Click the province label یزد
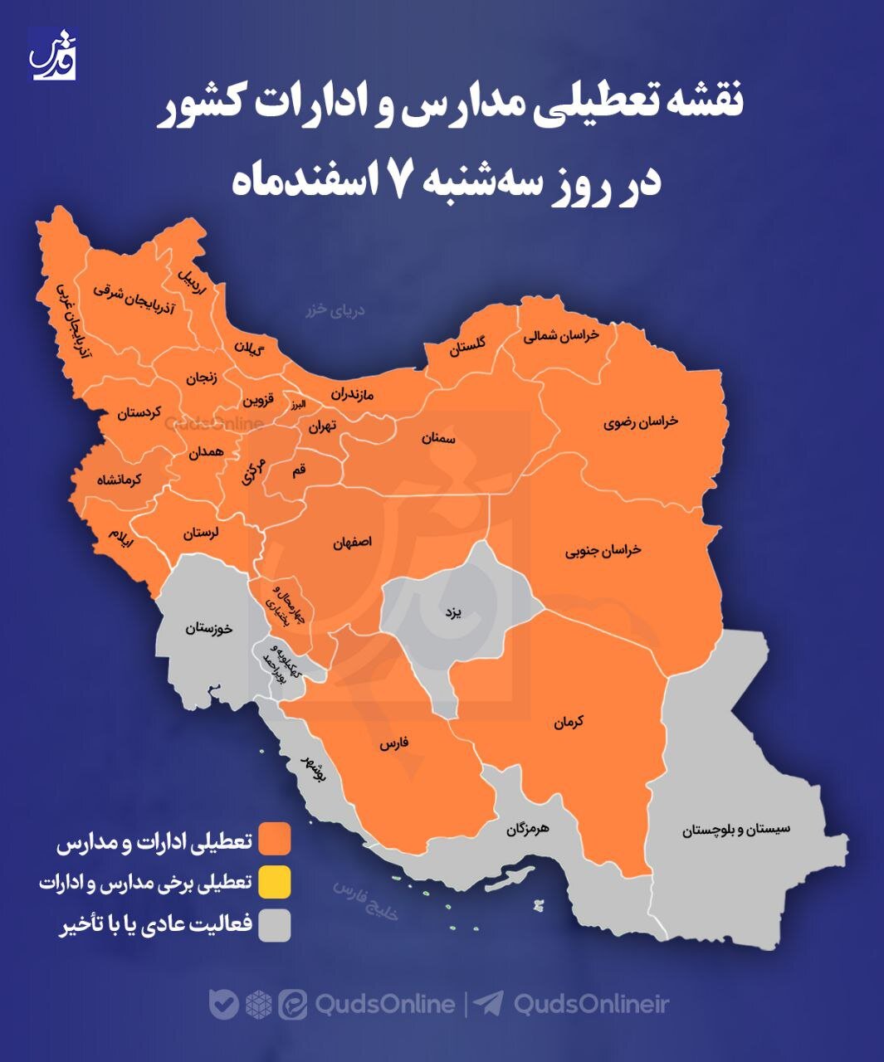[452, 613]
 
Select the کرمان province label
[569, 722]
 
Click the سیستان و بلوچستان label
[736, 829]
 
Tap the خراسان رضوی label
[641, 421]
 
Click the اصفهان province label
[353, 543]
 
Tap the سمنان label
[438, 437]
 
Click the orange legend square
[274, 839]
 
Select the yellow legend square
[274, 882]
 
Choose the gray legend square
[274, 925]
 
